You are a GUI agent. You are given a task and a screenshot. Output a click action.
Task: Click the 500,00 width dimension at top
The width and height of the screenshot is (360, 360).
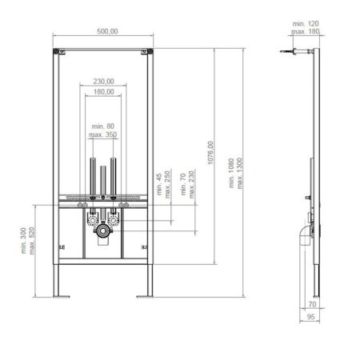103,31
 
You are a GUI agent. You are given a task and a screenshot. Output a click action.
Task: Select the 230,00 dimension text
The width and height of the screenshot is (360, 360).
103,81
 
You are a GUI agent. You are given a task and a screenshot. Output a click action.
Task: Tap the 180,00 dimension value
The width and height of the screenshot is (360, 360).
103,92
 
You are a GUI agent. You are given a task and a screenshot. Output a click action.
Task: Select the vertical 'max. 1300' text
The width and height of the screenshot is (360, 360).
240,184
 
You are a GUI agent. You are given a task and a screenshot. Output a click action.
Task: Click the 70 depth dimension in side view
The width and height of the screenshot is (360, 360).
311,305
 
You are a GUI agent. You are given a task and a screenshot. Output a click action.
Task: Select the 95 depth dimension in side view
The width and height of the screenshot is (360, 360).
311,318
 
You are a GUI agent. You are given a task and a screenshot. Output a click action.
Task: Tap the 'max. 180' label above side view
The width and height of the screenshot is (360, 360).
306,32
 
